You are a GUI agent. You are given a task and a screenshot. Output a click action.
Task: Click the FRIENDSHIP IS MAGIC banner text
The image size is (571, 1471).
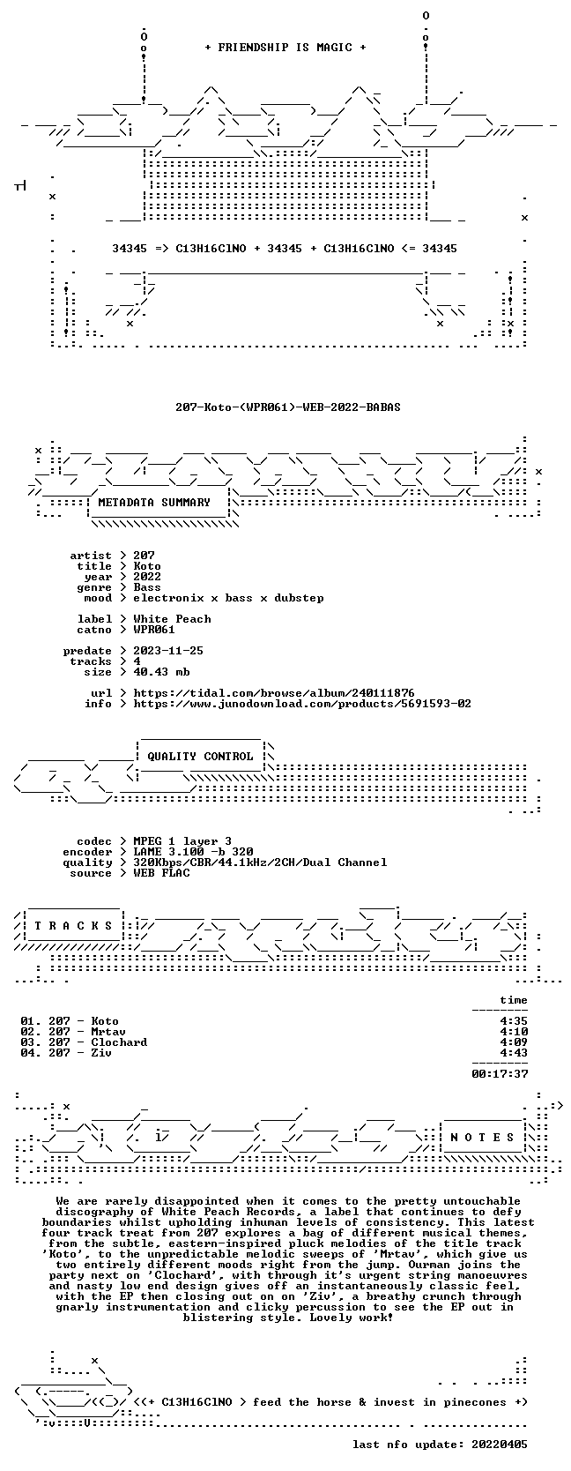point(285,48)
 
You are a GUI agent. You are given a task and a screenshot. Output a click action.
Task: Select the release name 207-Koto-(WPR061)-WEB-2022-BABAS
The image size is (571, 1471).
point(287,407)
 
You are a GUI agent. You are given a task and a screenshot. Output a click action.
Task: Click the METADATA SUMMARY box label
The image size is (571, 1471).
point(154,503)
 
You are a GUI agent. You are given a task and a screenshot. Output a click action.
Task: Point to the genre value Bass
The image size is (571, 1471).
point(147,587)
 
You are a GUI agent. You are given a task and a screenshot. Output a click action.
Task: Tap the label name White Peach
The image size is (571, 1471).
point(172,618)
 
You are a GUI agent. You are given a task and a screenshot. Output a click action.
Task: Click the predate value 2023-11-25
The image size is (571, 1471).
point(168,651)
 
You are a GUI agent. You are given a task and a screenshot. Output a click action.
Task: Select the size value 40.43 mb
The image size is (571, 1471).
point(161,672)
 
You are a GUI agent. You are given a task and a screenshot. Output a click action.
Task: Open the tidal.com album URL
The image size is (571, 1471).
point(274,693)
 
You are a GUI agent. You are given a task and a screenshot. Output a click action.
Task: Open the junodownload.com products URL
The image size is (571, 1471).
point(302,704)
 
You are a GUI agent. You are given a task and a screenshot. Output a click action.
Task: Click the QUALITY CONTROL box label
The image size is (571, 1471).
point(200,757)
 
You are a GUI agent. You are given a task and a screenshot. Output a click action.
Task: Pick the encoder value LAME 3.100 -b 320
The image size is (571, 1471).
point(193,852)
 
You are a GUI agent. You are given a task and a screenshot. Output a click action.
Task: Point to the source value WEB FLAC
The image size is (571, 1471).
point(161,873)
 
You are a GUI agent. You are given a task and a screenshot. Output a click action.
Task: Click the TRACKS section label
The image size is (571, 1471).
point(73,926)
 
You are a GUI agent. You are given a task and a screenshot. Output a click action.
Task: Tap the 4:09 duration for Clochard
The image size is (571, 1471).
point(514,1042)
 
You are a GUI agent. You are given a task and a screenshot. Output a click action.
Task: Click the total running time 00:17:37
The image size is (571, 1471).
point(500,1073)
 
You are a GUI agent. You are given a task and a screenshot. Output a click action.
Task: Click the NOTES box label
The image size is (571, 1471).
point(482,1138)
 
